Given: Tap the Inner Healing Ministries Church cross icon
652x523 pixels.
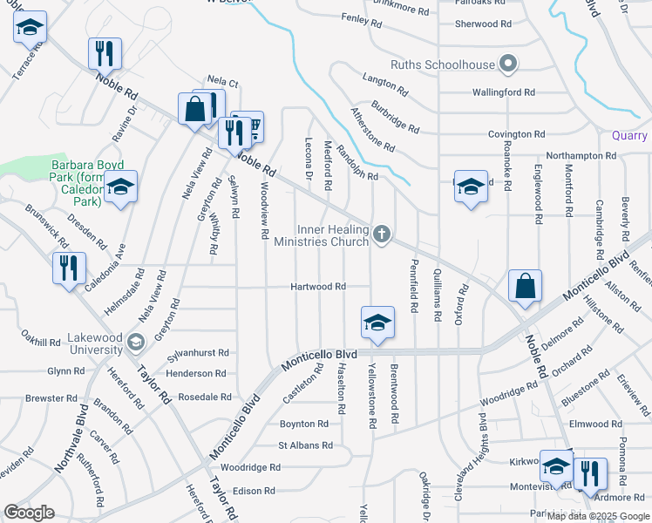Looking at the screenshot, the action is point(381,234).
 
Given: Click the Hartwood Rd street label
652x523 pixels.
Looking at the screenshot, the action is point(318,287).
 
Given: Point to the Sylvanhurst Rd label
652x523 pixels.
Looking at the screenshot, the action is point(198,353).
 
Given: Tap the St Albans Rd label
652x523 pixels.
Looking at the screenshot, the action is point(305,445).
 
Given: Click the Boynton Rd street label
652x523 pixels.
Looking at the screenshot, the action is point(303,425).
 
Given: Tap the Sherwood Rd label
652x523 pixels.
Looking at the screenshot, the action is point(482,24).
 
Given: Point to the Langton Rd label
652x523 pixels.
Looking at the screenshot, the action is point(384,85).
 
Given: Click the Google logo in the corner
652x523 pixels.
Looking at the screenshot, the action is point(29,513).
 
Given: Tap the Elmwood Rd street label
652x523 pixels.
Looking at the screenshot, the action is point(595,425).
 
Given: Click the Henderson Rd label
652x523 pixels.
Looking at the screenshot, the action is point(196,374).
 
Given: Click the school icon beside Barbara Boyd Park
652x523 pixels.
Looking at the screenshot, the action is point(121,187).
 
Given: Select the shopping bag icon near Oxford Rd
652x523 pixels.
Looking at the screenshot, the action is point(525,286).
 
